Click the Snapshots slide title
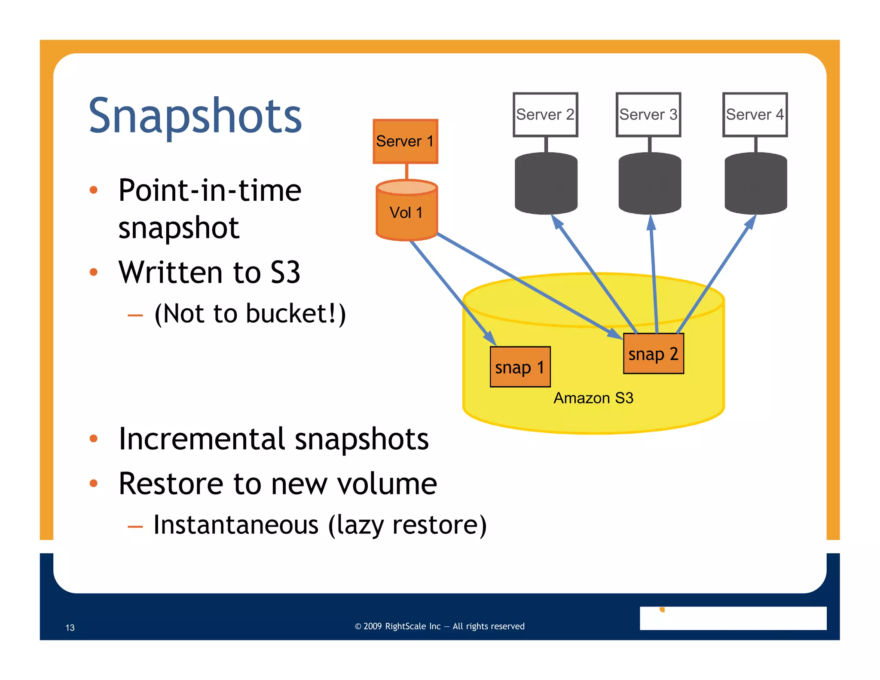pyautogui.click(x=195, y=116)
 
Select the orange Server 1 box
pyautogui.click(x=405, y=141)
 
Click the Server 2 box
pyautogui.click(x=545, y=115)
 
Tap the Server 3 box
pyautogui.click(x=648, y=115)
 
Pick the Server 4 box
pyautogui.click(x=755, y=115)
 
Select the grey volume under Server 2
pyautogui.click(x=546, y=184)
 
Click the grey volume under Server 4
pyautogui.click(x=756, y=184)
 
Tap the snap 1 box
pyautogui.click(x=520, y=367)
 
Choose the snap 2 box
pyautogui.click(x=653, y=354)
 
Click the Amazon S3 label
pyautogui.click(x=593, y=398)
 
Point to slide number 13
pyautogui.click(x=70, y=628)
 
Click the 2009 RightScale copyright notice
pyautogui.click(x=440, y=626)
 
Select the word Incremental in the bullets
pyautogui.click(x=202, y=439)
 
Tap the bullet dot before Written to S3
pyautogui.click(x=94, y=272)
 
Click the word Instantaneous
pyautogui.click(x=236, y=525)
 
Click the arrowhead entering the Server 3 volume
pyautogui.click(x=651, y=222)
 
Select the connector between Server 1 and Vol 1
pyautogui.click(x=406, y=172)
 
